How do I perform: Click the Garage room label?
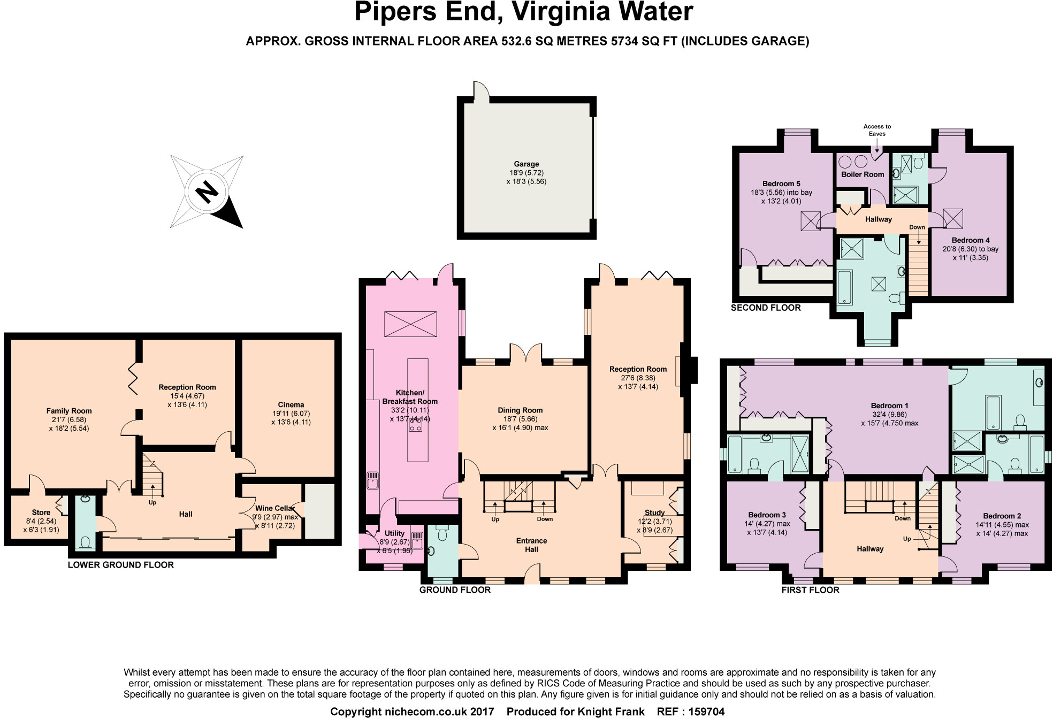pos(526,164)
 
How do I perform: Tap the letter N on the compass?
pos(206,192)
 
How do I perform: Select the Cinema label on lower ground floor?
pos(291,405)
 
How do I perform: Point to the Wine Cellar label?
pos(274,508)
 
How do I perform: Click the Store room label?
pos(41,513)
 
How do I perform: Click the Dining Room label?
pos(520,410)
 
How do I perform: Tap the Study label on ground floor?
pos(654,513)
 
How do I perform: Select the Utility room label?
pos(394,533)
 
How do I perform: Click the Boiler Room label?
pos(862,174)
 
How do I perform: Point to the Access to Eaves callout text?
pos(877,130)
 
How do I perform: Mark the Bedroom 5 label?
pos(781,183)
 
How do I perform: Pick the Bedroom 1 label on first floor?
pos(889,406)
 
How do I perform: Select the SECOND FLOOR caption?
pos(766,308)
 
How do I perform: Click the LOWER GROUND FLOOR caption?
pos(120,565)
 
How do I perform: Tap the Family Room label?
pos(68,411)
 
